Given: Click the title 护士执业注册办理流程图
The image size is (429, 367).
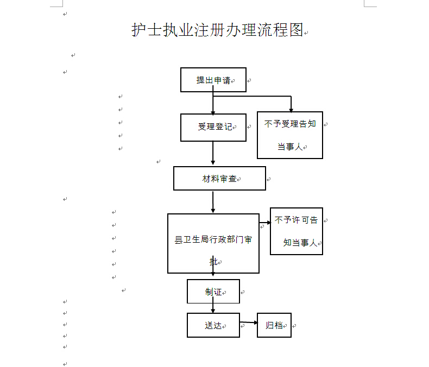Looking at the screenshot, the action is pyautogui.click(x=218, y=29).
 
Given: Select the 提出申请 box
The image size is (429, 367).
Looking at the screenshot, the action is pyautogui.click(x=213, y=80).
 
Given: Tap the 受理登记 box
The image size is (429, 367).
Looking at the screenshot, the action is pyautogui.click(x=213, y=128).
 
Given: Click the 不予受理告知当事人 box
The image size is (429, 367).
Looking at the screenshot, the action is pyautogui.click(x=290, y=135).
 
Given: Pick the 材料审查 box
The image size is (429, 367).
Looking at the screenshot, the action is pyautogui.click(x=219, y=178).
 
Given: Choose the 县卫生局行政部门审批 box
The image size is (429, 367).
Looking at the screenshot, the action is pyautogui.click(x=213, y=243).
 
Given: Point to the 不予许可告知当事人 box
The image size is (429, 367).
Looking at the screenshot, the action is pyautogui.click(x=296, y=231).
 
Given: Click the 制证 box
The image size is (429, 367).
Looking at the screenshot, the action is pyautogui.click(x=213, y=291).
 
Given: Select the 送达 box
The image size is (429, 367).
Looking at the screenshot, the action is pyautogui.click(x=213, y=325).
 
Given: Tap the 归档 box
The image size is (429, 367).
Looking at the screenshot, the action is pyautogui.click(x=274, y=325).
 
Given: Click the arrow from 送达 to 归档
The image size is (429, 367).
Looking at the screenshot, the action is pyautogui.click(x=249, y=322).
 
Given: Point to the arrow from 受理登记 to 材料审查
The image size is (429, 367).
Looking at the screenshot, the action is pyautogui.click(x=213, y=153).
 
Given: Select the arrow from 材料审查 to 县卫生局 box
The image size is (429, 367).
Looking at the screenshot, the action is pyautogui.click(x=213, y=202).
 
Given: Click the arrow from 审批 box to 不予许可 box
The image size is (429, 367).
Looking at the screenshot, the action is pyautogui.click(x=265, y=223).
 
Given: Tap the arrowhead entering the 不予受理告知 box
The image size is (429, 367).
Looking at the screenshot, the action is pyautogui.click(x=291, y=110).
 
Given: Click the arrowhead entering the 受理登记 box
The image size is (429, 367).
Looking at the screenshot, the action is pyautogui.click(x=213, y=113).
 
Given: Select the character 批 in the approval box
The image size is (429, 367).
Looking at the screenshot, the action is pyautogui.click(x=213, y=262).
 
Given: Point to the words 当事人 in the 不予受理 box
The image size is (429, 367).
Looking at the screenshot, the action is pyautogui.click(x=290, y=147).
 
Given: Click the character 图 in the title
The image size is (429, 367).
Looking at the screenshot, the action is pyautogui.click(x=296, y=29).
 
